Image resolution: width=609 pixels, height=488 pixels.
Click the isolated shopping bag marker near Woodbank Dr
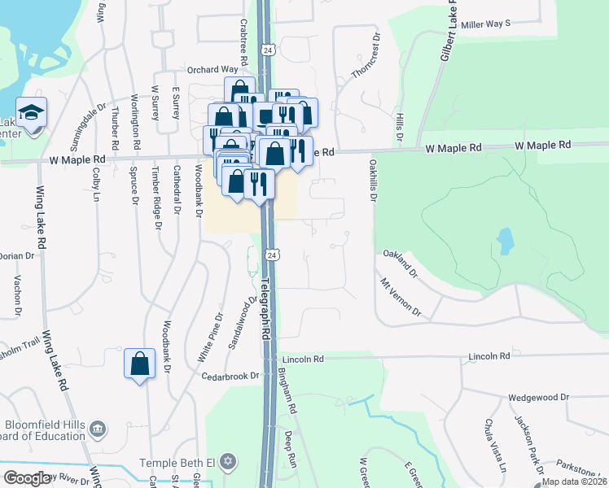click(140, 363)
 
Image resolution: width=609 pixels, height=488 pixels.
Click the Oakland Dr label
click(400, 263)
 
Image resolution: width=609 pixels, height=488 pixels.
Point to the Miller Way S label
click(485, 24)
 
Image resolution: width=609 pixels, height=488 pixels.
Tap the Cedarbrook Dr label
click(230, 376)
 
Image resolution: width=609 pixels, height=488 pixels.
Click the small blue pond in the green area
click(506, 240)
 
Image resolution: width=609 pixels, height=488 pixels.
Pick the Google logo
click(27, 478)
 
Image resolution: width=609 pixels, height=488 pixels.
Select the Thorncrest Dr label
click(366, 56)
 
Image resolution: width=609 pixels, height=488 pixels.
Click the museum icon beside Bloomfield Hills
click(98, 429)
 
